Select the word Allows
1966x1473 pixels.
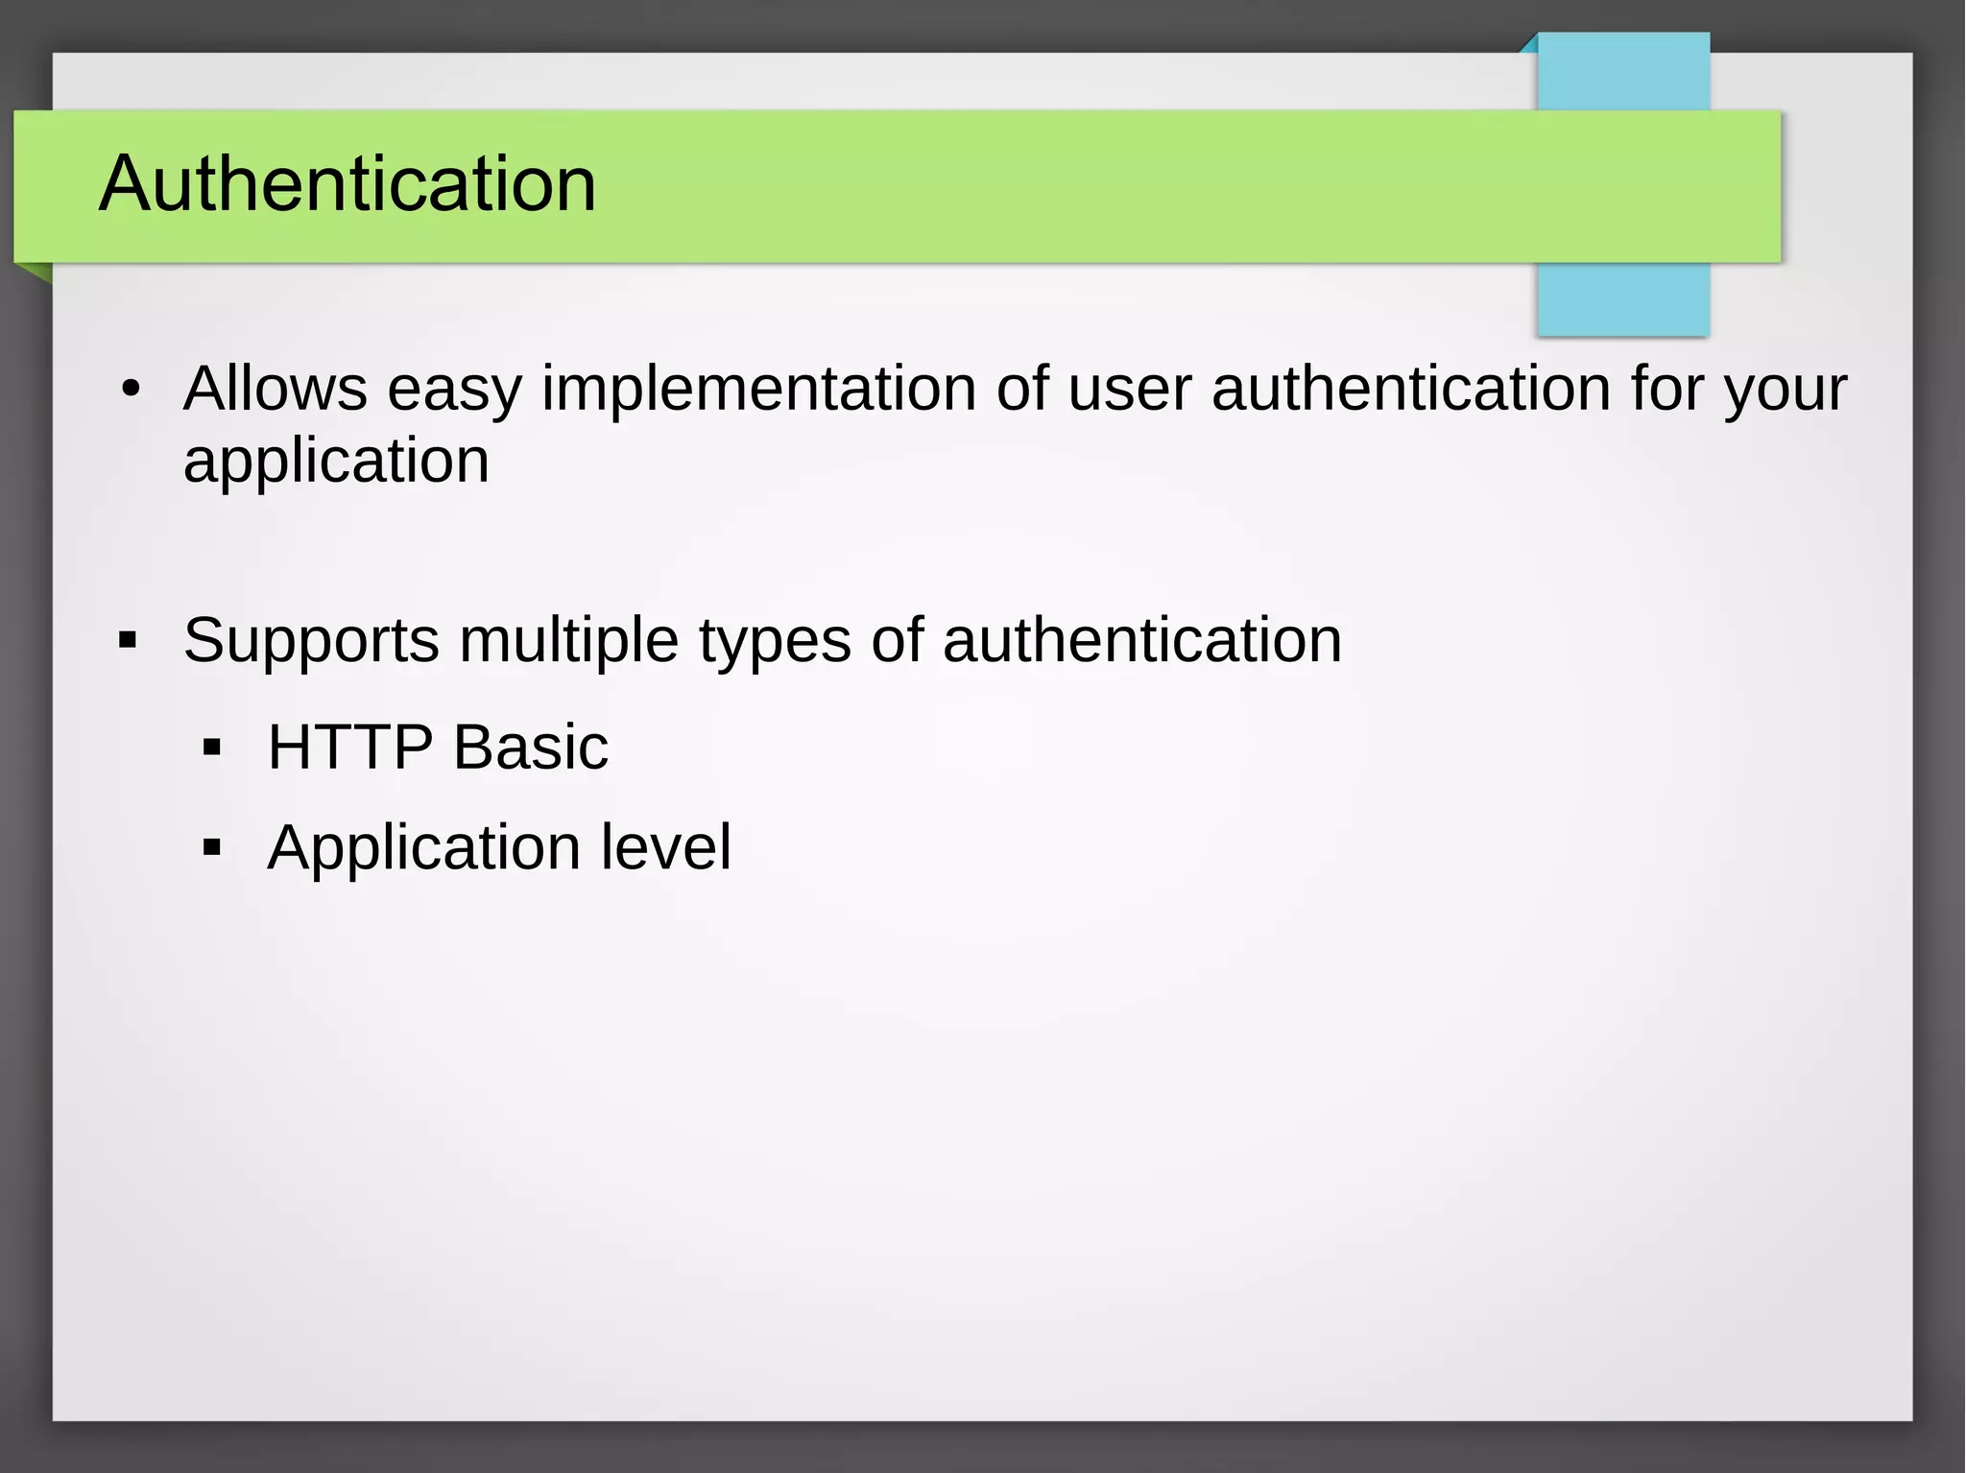pos(276,389)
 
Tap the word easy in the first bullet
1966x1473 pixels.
pos(454,391)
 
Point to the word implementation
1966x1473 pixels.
pos(758,391)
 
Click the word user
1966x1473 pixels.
pos(1129,391)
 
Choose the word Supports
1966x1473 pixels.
pos(311,641)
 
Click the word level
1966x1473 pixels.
pos(666,847)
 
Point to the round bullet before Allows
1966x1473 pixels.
pos(132,390)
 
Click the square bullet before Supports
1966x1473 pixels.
pos(128,640)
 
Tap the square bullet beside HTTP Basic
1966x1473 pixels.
pos(212,748)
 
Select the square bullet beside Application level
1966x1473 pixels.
pos(212,847)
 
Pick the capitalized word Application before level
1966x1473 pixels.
pos(423,849)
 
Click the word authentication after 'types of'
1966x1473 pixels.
pos(1142,640)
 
